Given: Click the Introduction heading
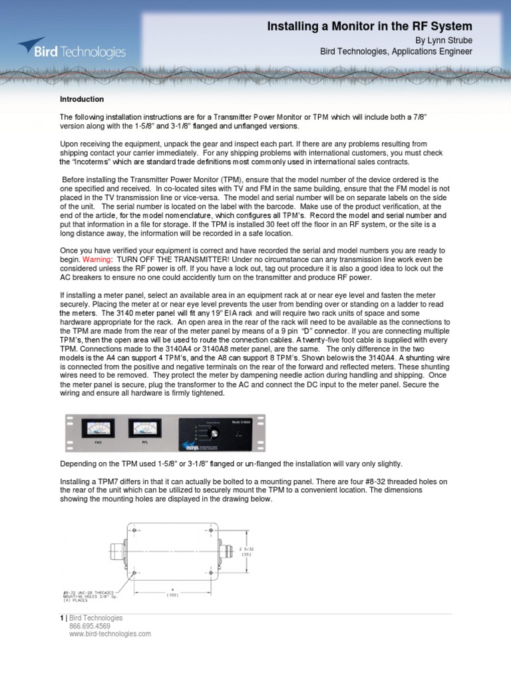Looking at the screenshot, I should point(82,99).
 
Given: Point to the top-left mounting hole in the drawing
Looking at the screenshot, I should point(135,530).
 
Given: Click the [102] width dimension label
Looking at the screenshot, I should point(172,595).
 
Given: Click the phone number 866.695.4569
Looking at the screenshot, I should point(89,626).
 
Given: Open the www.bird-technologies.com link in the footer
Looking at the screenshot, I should point(109,634).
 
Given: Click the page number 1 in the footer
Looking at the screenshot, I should point(61,618).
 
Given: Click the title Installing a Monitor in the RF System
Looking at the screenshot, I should point(369,27).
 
